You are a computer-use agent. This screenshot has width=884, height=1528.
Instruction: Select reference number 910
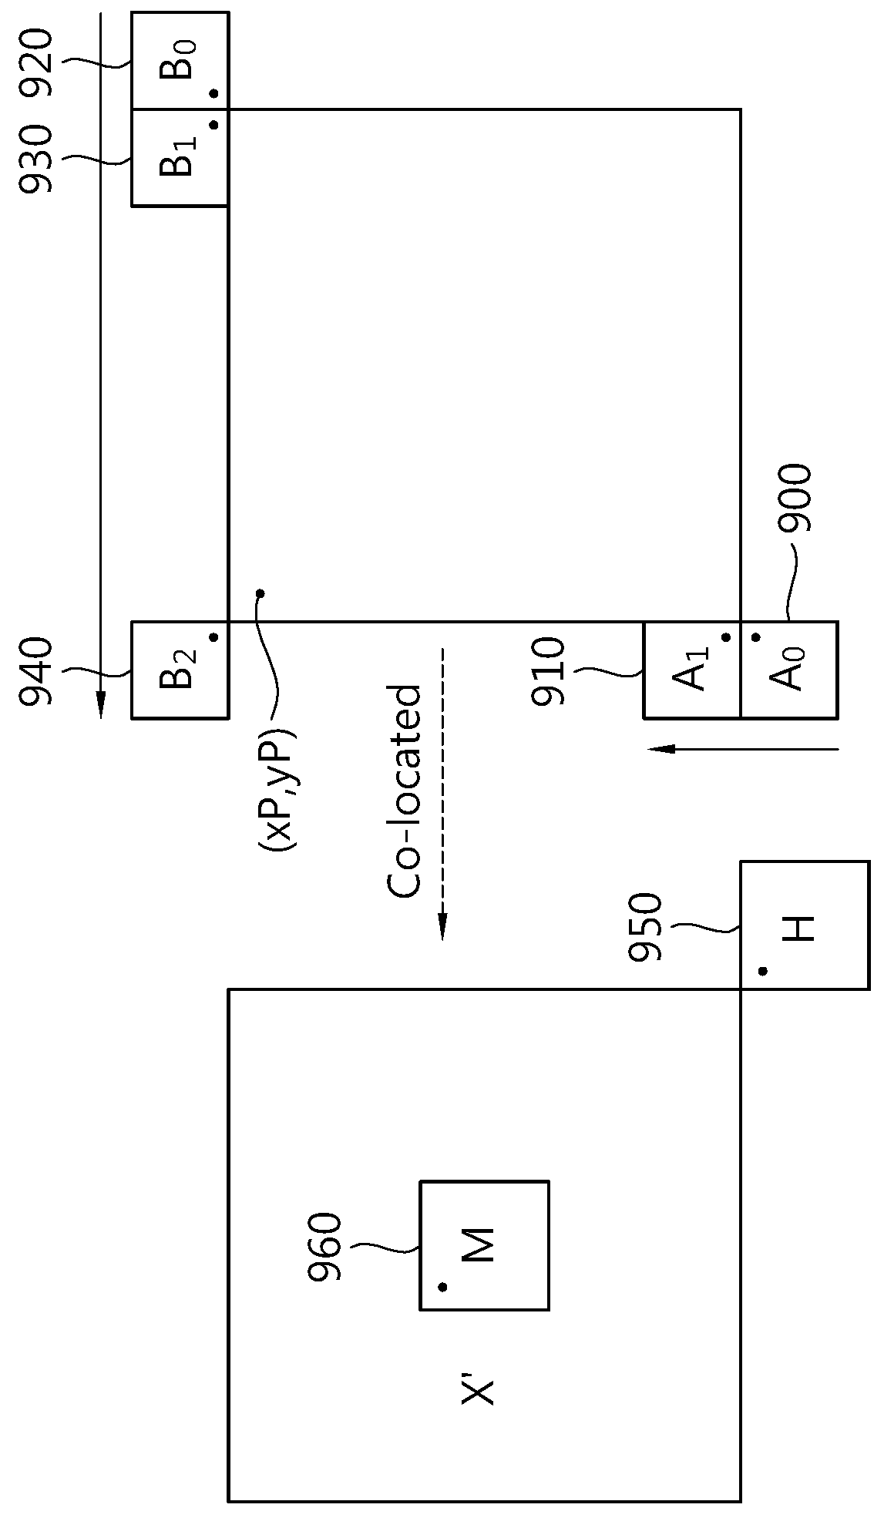tap(549, 670)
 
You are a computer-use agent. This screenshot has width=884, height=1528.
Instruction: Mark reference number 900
tap(795, 499)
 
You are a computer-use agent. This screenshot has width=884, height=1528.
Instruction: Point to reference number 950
tap(645, 927)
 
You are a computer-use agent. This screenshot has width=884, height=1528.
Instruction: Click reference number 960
tap(324, 1248)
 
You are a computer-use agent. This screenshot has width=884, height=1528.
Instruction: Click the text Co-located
tap(405, 791)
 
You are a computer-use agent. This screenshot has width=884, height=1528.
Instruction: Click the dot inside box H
tap(762, 971)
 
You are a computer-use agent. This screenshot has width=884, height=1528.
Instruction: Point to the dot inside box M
tap(442, 1286)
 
